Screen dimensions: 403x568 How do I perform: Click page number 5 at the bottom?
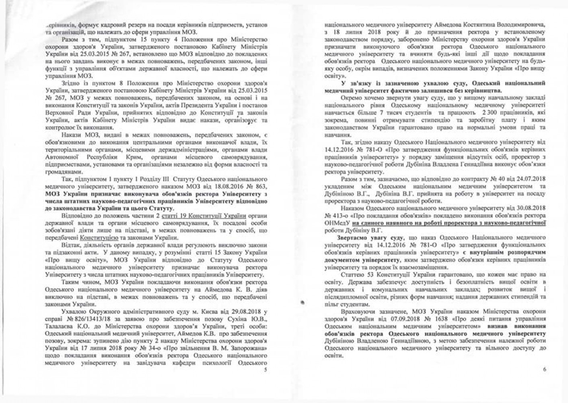click(x=265, y=370)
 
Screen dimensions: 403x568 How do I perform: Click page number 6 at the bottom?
click(x=545, y=370)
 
